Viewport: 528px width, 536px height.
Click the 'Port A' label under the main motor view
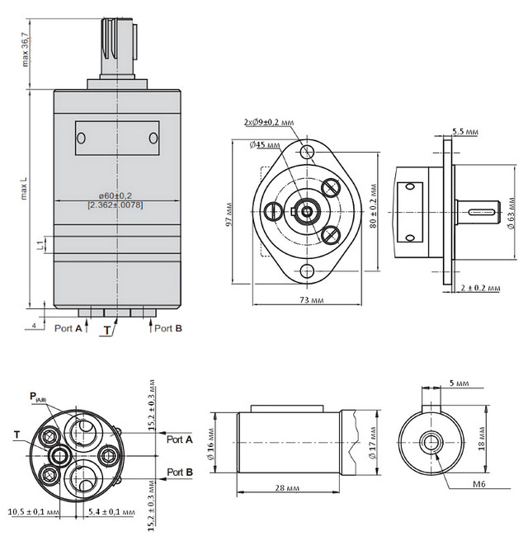(68, 328)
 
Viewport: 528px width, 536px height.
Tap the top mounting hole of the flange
(308, 152)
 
